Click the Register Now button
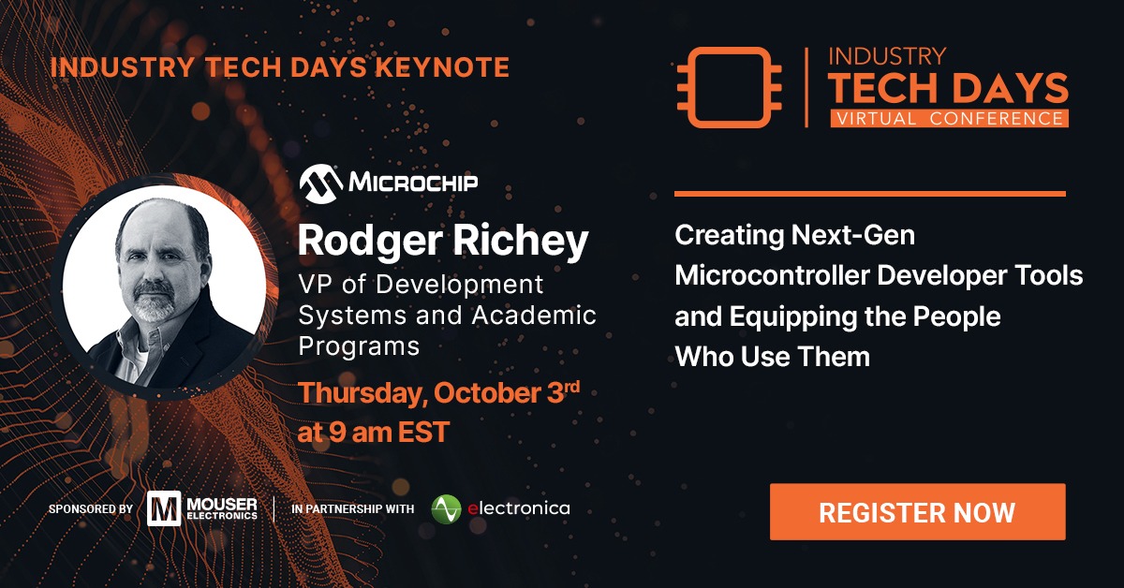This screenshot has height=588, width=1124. coord(917,512)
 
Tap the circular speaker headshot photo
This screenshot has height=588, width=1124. coord(165,287)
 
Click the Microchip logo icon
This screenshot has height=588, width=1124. coord(321,184)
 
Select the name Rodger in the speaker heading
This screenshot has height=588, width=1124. coord(370,242)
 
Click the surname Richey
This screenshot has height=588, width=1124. coord(521,242)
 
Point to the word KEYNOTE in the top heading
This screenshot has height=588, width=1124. coord(442,67)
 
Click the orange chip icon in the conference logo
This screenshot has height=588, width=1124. coord(729,87)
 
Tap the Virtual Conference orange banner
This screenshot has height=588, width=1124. coord(950,118)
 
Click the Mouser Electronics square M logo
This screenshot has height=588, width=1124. coord(164,508)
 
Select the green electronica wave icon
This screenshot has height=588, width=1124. coord(446,509)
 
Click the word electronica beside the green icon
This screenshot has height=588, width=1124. coord(519,508)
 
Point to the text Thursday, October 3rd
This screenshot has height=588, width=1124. coord(438,392)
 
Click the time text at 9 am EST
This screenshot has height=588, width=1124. coord(374,433)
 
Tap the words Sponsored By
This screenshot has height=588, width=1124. coord(91,509)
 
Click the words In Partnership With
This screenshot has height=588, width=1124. coord(353,509)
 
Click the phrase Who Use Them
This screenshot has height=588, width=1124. coord(773,357)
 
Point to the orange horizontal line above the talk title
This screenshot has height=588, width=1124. coord(870,194)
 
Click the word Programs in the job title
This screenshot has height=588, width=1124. coord(359,346)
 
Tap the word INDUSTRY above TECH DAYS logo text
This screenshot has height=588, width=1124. coord(887,57)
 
